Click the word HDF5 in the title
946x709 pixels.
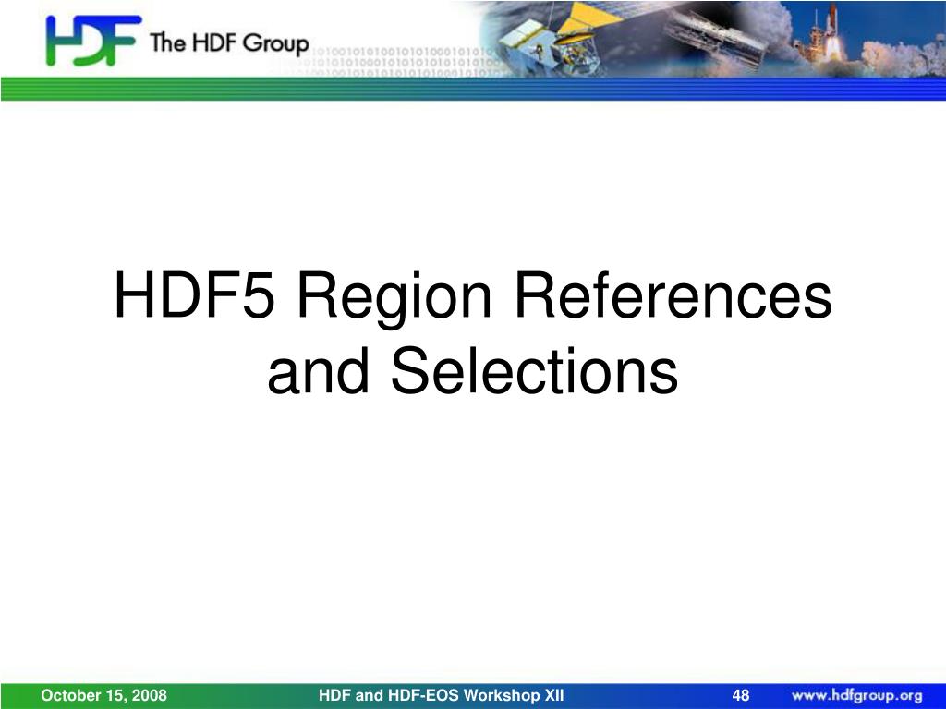click(x=194, y=294)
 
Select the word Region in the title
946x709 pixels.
click(x=394, y=300)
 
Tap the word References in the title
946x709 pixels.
click(x=673, y=294)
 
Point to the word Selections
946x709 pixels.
click(x=535, y=370)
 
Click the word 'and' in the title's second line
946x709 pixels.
click(x=318, y=370)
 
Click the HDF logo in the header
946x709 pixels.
click(x=92, y=41)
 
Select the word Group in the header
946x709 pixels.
click(x=275, y=44)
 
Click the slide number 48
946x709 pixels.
click(x=740, y=695)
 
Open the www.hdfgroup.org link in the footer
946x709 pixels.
click(x=856, y=696)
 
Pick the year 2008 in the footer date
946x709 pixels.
click(x=149, y=695)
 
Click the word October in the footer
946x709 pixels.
click(x=64, y=695)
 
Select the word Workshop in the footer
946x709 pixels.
click(x=502, y=696)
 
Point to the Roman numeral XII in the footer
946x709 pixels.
click(x=554, y=695)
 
